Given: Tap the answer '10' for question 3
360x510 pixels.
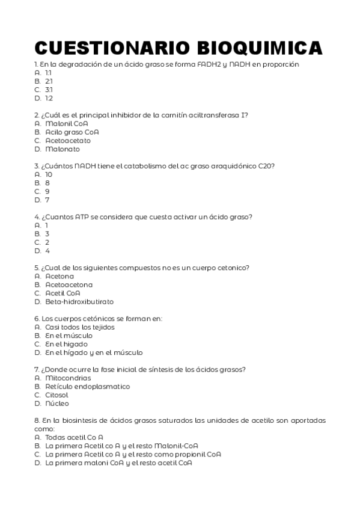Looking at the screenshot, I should point(49,174).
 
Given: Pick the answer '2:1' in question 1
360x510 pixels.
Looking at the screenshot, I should point(49,81).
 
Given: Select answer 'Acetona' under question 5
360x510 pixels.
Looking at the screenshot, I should point(59,276).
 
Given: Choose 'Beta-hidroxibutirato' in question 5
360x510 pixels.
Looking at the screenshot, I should point(79,301).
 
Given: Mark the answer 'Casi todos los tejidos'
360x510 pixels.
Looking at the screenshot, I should point(79,327).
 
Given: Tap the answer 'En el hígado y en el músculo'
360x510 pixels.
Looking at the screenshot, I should point(94,352).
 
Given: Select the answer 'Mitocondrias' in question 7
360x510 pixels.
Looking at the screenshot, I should point(68,378).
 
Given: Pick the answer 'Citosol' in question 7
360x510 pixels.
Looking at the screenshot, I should point(56,395).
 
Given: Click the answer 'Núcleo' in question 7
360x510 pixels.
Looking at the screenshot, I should point(57,404).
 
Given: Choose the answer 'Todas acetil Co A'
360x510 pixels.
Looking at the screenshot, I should point(74,437).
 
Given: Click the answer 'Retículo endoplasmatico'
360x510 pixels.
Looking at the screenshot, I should point(87,387).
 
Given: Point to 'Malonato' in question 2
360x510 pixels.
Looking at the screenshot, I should point(62,149).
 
